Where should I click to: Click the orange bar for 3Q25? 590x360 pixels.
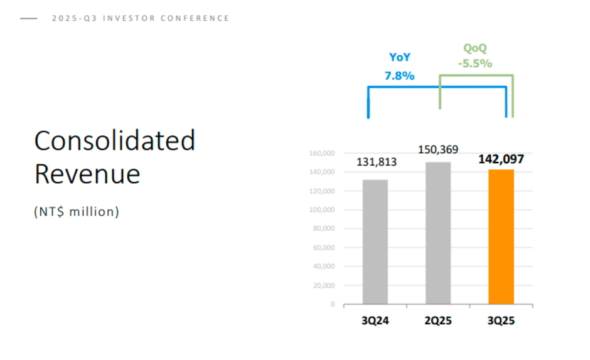[501, 237]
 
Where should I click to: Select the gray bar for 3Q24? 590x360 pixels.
[375, 242]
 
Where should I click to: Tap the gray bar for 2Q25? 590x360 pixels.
[438, 233]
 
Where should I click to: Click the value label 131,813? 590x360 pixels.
[377, 162]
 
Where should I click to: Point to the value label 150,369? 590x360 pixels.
[438, 150]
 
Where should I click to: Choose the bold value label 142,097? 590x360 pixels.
[501, 159]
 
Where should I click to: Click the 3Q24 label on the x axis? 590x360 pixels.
[375, 320]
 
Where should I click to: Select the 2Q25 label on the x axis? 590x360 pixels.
[438, 320]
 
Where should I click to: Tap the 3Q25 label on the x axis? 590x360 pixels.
[501, 320]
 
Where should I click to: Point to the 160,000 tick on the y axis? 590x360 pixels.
[322, 153]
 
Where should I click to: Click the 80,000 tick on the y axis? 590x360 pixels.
[324, 229]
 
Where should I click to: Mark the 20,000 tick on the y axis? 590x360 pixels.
[324, 285]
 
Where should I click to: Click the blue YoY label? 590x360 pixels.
[399, 57]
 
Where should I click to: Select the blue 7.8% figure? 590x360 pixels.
[399, 76]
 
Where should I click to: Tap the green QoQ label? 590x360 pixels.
[475, 48]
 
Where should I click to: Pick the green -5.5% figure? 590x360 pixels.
[475, 63]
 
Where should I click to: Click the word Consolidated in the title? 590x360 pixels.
[115, 140]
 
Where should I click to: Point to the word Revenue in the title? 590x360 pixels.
[87, 174]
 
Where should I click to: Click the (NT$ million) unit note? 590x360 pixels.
[77, 211]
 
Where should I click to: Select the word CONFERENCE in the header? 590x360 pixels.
[195, 18]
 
